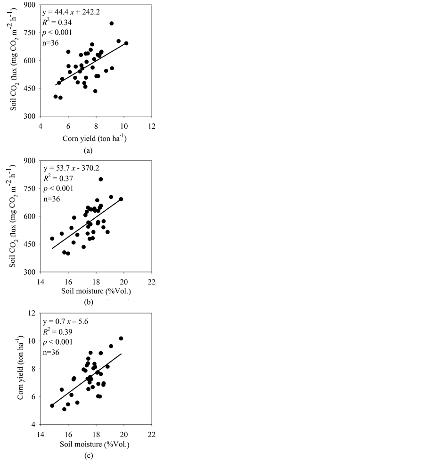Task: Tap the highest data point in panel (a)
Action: pyautogui.click(x=112, y=23)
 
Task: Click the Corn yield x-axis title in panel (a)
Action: pyautogui.click(x=96, y=139)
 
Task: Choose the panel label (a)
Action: pyautogui.click(x=87, y=151)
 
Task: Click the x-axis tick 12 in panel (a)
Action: pyautogui.click(x=152, y=126)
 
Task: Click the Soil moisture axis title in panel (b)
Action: pyautogui.click(x=96, y=290)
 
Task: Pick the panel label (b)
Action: pyautogui.click(x=87, y=301)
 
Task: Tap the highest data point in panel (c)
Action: pyautogui.click(x=121, y=338)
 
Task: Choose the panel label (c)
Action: pyautogui.click(x=87, y=455)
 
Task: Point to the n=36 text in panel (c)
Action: pyautogui.click(x=52, y=352)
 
